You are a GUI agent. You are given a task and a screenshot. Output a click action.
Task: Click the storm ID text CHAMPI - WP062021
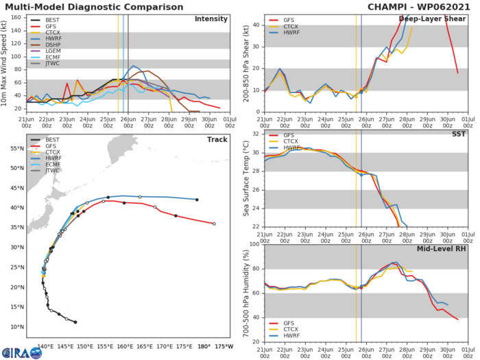[416, 5]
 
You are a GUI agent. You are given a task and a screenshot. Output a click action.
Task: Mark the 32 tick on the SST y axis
[254, 134]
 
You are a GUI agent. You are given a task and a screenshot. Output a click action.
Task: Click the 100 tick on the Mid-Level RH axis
[252, 243]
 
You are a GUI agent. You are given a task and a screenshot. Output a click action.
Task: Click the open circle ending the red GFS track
[214, 224]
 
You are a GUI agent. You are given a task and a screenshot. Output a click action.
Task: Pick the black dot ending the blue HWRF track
[197, 200]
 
